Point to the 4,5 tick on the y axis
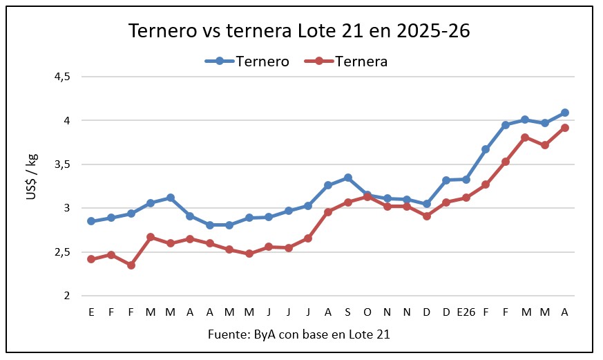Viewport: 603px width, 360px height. click(x=62, y=77)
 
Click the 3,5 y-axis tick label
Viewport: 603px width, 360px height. click(x=62, y=164)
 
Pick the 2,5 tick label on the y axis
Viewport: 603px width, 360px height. click(x=62, y=252)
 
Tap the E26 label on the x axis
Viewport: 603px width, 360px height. click(x=466, y=312)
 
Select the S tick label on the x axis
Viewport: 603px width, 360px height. click(x=347, y=312)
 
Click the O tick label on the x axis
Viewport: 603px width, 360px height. click(x=367, y=312)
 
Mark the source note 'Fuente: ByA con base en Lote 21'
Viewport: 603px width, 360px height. click(x=299, y=335)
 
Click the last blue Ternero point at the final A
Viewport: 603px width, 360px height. click(x=565, y=113)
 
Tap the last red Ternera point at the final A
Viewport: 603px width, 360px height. click(x=565, y=128)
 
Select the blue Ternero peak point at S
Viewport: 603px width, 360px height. click(x=348, y=178)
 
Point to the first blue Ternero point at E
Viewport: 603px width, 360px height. click(x=91, y=221)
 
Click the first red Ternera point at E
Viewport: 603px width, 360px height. click(x=91, y=259)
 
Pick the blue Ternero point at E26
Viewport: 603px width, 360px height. click(x=466, y=180)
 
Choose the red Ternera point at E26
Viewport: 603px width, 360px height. click(x=466, y=198)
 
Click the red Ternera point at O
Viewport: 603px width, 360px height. click(x=367, y=197)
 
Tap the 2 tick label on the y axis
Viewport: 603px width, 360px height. click(x=66, y=296)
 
